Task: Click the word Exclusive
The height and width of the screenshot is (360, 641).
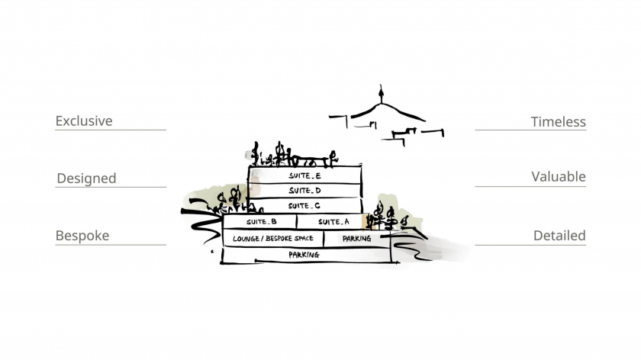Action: click(x=84, y=121)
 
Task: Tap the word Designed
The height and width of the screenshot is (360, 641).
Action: click(x=87, y=178)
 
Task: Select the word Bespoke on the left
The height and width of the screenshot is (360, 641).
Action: click(x=82, y=236)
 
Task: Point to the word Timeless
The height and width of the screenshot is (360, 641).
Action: click(x=558, y=122)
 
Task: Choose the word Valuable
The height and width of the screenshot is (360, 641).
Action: click(x=559, y=176)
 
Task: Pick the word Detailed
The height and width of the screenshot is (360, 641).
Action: click(x=559, y=236)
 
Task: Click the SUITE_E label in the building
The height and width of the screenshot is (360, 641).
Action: click(x=305, y=175)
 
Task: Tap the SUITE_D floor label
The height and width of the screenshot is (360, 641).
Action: click(x=305, y=191)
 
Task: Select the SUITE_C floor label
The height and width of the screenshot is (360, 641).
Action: click(x=304, y=206)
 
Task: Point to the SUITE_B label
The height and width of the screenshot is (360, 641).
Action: click(x=261, y=222)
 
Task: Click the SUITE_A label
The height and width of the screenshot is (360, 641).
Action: click(x=333, y=222)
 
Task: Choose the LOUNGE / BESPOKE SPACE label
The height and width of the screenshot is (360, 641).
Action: click(x=273, y=238)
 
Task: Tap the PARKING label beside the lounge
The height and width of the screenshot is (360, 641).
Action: click(x=357, y=238)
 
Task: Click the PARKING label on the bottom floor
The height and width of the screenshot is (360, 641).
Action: click(x=304, y=255)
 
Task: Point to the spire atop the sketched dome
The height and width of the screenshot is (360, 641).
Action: click(x=381, y=94)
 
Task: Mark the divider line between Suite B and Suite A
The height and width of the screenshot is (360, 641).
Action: click(x=297, y=221)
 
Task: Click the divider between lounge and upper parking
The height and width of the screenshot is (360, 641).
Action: click(x=324, y=239)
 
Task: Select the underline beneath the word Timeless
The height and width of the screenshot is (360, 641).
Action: click(x=530, y=130)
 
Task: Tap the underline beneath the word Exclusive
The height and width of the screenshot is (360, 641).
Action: click(x=111, y=130)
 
